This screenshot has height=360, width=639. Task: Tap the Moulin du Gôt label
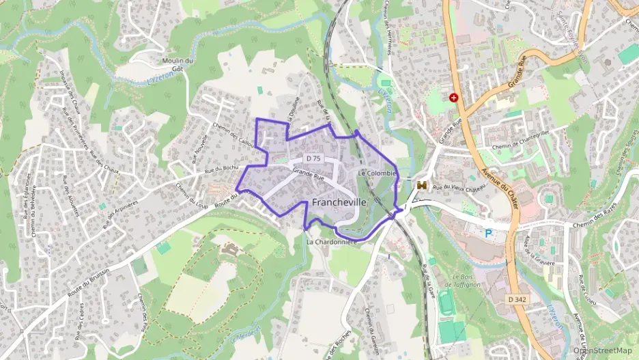[x=178, y=65]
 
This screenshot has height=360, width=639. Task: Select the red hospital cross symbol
[x=454, y=98]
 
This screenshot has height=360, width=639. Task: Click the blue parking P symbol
[x=489, y=234]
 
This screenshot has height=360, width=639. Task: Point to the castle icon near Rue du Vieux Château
[x=422, y=184]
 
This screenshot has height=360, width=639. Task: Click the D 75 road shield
[x=313, y=158]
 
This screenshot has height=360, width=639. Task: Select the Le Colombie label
[x=376, y=174]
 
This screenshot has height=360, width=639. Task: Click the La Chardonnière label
[x=332, y=242]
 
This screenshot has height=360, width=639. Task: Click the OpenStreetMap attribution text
[x=603, y=350]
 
